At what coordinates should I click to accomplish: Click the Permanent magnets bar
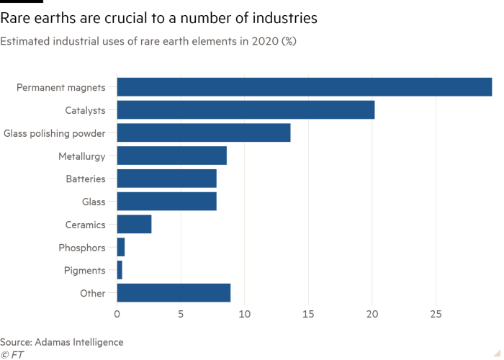coord(305,87)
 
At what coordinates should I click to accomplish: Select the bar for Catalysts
coord(246,110)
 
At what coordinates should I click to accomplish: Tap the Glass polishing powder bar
coord(204,133)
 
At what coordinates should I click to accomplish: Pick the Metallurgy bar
coord(172,156)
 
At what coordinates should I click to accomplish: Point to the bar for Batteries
coord(167,179)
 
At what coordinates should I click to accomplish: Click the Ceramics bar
coord(135,225)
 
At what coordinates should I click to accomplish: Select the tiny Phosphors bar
coord(121,248)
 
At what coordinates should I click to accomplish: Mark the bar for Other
coord(174,293)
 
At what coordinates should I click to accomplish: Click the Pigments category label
coord(86,271)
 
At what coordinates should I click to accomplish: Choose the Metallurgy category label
coord(83,156)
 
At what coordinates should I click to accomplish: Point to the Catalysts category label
coord(86,110)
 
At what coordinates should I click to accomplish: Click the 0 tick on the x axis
coord(117,314)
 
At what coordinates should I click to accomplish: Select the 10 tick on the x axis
coord(245,314)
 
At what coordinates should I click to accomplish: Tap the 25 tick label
coord(436,314)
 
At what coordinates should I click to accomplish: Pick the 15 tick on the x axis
coord(308,314)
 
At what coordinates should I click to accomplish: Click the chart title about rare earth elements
coord(148,42)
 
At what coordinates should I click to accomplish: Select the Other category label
coord(94,294)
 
